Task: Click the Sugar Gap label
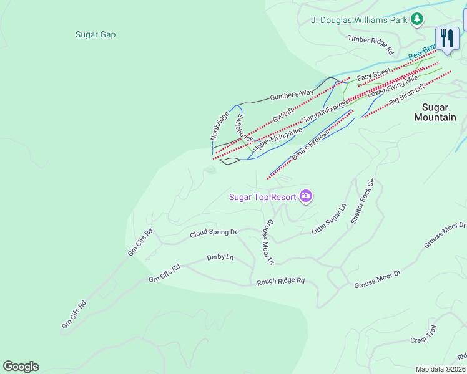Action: click(96, 35)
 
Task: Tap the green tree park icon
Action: click(417, 20)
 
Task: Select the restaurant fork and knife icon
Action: click(447, 39)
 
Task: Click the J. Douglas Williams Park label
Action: click(358, 20)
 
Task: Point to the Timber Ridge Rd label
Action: click(371, 44)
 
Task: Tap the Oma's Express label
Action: click(310, 144)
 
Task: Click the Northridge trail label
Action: click(219, 125)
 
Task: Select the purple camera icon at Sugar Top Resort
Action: click(305, 197)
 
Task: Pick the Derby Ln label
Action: click(220, 257)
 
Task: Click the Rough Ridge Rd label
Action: click(281, 282)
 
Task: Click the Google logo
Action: click(21, 367)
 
